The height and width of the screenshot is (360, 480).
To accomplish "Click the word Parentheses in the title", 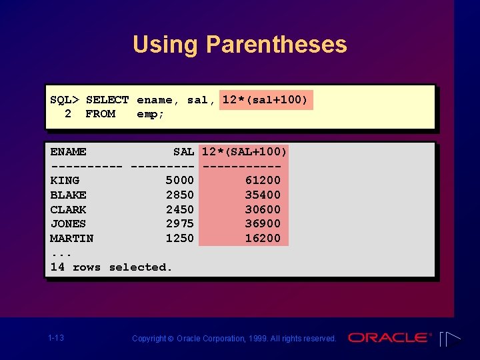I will coord(276,45).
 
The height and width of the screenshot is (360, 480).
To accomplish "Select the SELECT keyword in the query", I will coord(107,100).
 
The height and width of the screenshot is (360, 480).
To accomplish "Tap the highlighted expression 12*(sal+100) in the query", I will coord(265,100).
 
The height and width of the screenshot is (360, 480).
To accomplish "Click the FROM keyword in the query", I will coord(100,114).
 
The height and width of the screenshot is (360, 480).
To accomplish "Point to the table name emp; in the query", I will coord(151,114).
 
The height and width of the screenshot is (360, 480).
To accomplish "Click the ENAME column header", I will coord(68,152).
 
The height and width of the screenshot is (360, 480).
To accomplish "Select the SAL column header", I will coord(183,152).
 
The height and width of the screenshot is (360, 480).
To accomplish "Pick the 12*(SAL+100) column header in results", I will coord(244,152).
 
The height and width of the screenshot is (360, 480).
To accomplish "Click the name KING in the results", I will coord(65,181).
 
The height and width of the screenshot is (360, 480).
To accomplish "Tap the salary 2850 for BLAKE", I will coord(180,195).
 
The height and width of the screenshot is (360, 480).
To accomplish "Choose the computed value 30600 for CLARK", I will coord(263,209).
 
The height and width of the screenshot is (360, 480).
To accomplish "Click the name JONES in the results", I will coord(68,224).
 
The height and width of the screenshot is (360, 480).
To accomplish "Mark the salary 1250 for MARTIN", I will coord(180,239).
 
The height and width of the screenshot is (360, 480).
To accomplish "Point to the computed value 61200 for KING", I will coord(263,181).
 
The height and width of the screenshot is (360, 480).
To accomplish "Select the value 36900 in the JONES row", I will coord(263,224).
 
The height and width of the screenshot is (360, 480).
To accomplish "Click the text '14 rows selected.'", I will coord(111,267).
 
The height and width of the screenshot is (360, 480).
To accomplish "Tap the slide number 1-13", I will coord(56,338).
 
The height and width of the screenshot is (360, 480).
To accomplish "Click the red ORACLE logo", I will coord(390,338).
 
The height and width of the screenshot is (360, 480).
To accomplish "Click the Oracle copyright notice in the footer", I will coord(234,339).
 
